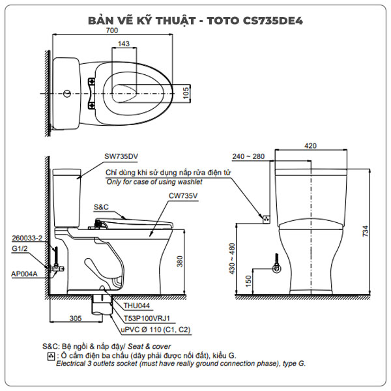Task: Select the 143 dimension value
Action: (x=123, y=44)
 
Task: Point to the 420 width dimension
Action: (x=311, y=147)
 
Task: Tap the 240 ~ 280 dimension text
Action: (x=248, y=156)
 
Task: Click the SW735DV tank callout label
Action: (x=121, y=156)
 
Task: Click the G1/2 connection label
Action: (x=21, y=248)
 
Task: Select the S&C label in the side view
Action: (x=101, y=207)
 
